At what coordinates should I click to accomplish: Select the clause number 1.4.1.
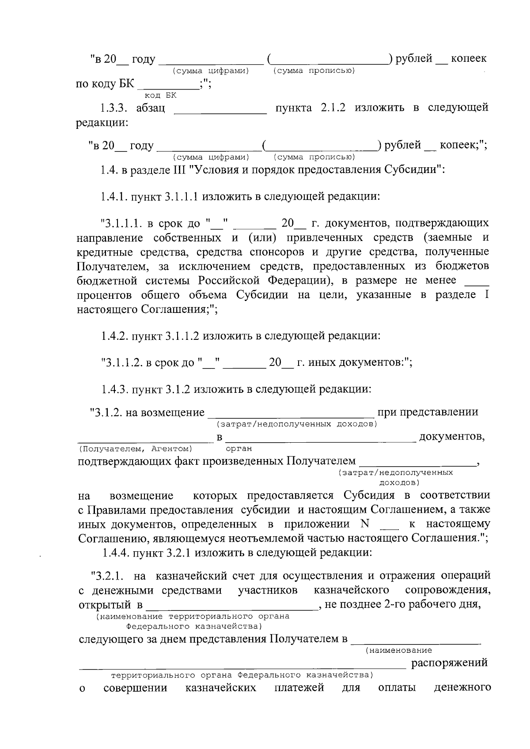(114, 196)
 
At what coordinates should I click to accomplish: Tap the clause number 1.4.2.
(114, 336)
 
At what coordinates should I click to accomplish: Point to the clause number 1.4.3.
(114, 389)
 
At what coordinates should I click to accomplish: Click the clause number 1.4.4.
(115, 553)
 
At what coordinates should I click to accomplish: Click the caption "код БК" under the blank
(160, 95)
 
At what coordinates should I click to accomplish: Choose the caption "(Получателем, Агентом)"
(135, 449)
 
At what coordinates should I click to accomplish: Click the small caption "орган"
(239, 449)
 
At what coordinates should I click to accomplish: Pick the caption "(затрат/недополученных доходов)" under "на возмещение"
(296, 424)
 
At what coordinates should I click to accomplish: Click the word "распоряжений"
(450, 663)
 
